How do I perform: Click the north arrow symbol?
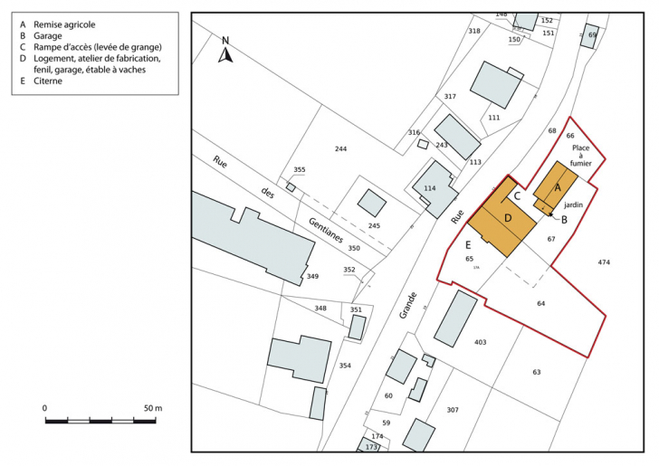(227, 51)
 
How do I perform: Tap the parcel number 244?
(340, 149)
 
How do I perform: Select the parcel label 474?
(605, 262)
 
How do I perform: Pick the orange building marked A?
(556, 187)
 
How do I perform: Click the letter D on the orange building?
(508, 218)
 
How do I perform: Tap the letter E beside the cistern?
(468, 245)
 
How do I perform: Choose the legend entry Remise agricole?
(64, 24)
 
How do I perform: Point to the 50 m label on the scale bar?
(151, 409)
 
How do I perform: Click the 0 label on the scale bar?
(45, 409)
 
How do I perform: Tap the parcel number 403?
(480, 342)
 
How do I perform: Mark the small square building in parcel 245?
(371, 203)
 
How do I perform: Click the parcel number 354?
(344, 365)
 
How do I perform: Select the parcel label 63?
(536, 372)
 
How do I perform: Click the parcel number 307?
(453, 410)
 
